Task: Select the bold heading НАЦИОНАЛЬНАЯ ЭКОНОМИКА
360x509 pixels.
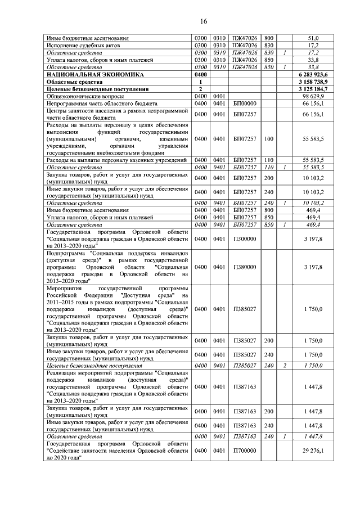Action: pyautogui.click(x=95, y=74)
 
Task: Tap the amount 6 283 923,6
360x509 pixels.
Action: pyautogui.click(x=322, y=74)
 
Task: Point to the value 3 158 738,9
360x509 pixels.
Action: pyautogui.click(x=322, y=82)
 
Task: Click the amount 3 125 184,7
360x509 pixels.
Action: pyautogui.click(x=322, y=89)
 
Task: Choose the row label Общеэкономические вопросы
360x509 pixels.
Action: pyautogui.click(x=82, y=96)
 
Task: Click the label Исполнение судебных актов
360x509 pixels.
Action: pyautogui.click(x=84, y=45)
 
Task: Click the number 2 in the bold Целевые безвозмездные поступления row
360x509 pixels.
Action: pyautogui.click(x=200, y=89)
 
